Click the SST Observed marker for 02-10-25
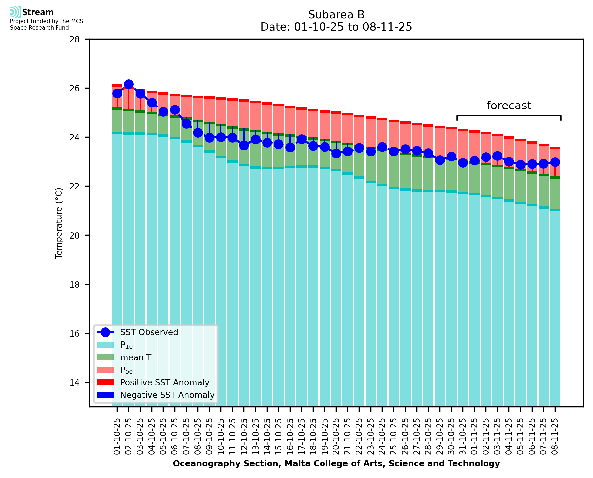click(129, 84)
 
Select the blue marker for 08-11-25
click(555, 162)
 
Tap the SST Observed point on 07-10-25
click(186, 124)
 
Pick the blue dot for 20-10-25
click(336, 153)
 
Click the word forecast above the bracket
click(508, 106)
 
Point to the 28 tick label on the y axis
click(74, 39)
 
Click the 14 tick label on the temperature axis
click(74, 382)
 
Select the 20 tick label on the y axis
click(74, 235)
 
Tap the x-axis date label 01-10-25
click(117, 436)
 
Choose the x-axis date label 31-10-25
click(463, 436)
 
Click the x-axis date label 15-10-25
click(278, 436)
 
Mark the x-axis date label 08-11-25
click(555, 436)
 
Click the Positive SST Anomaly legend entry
click(165, 382)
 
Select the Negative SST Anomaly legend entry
click(167, 395)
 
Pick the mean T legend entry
click(136, 357)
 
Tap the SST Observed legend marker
click(105, 332)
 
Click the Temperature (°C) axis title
click(59, 223)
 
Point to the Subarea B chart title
click(336, 15)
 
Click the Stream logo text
click(38, 12)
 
